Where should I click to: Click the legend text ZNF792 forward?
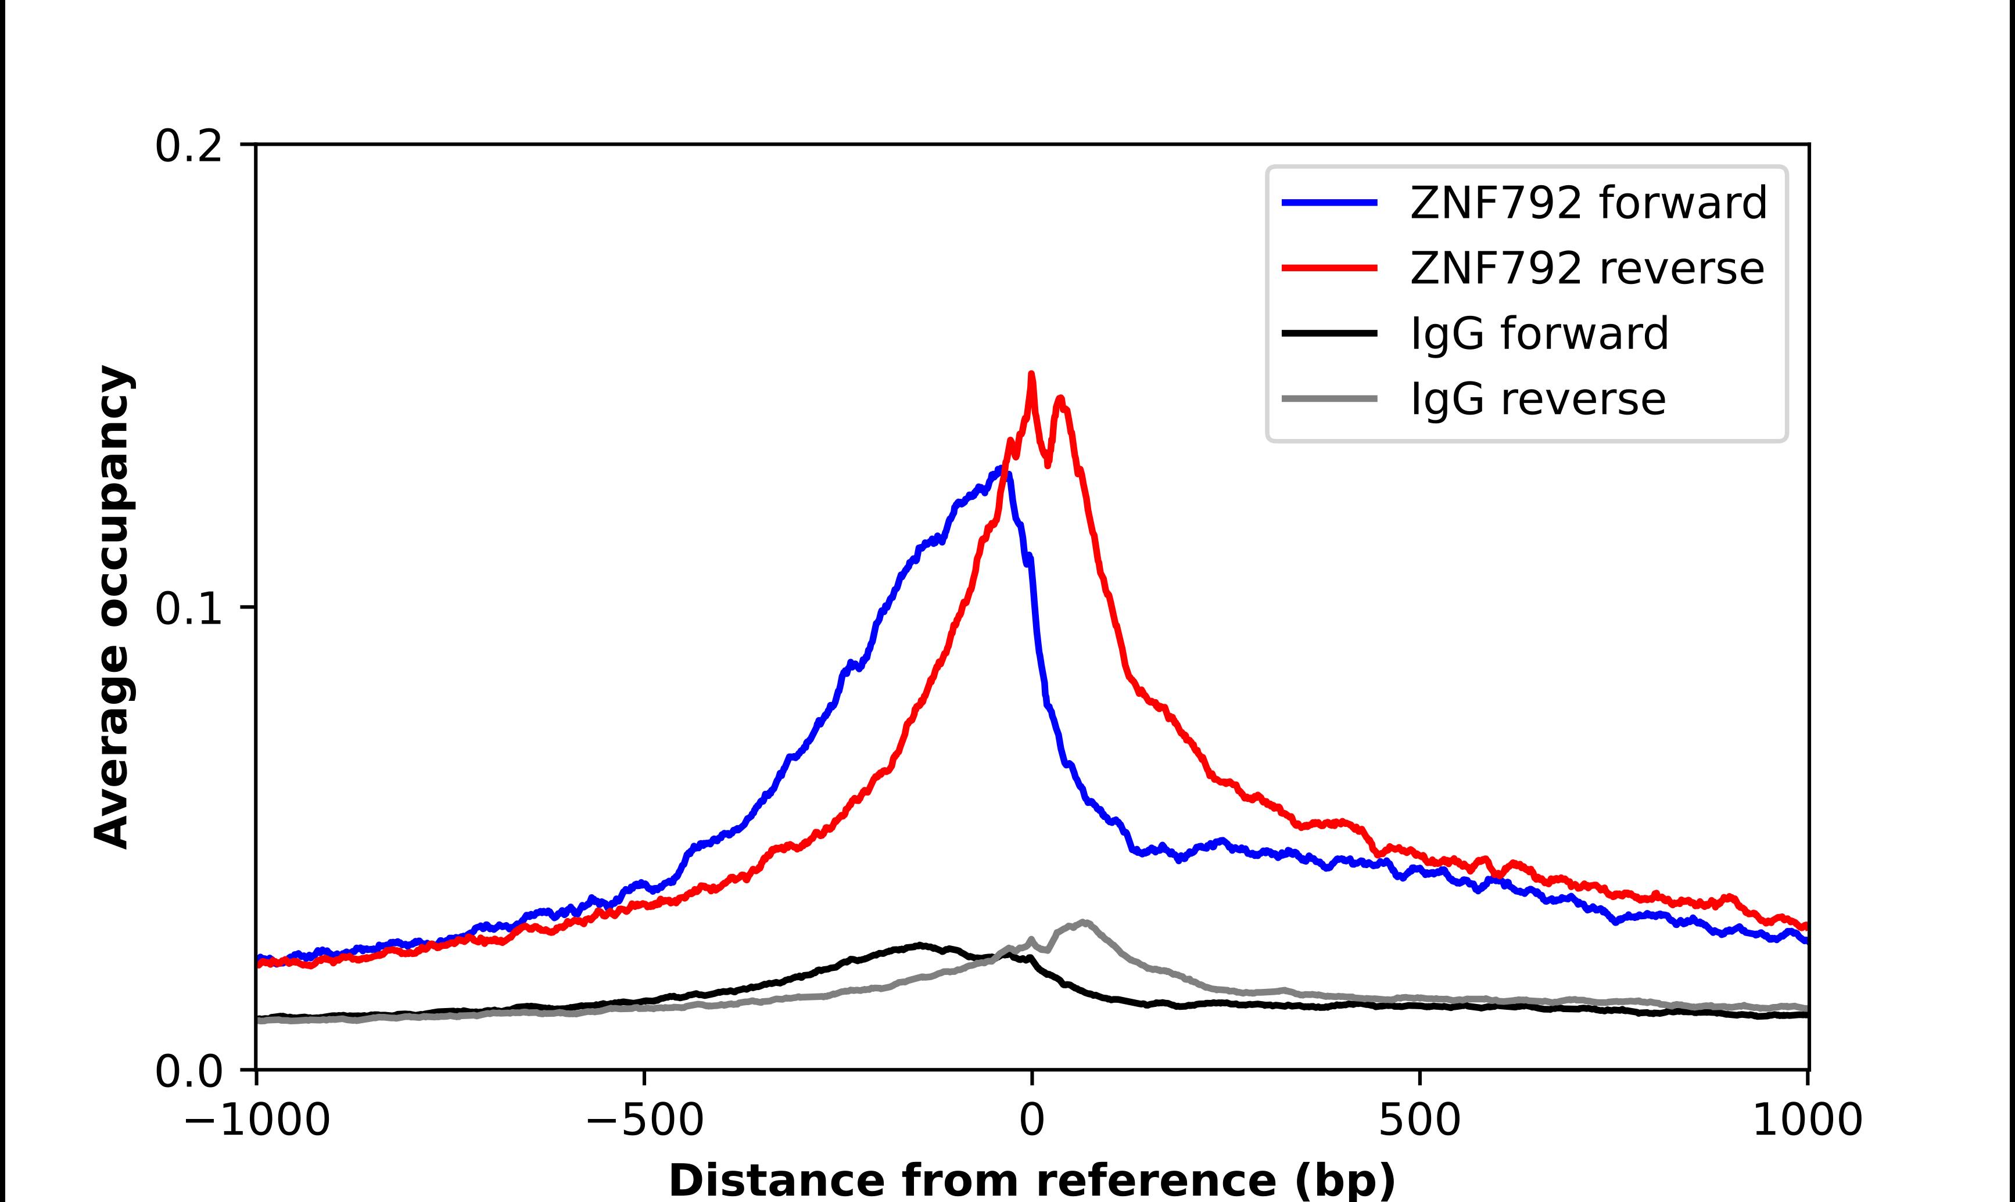1588,203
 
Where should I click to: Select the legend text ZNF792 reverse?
1586,268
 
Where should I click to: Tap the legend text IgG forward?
1539,334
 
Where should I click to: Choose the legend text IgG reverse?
1538,400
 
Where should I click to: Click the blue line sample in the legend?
1329,203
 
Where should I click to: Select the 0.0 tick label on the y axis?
188,1071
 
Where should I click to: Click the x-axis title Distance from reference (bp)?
1031,1179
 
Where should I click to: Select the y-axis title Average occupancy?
112,607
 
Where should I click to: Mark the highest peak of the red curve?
1031,374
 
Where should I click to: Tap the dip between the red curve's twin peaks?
1048,464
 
